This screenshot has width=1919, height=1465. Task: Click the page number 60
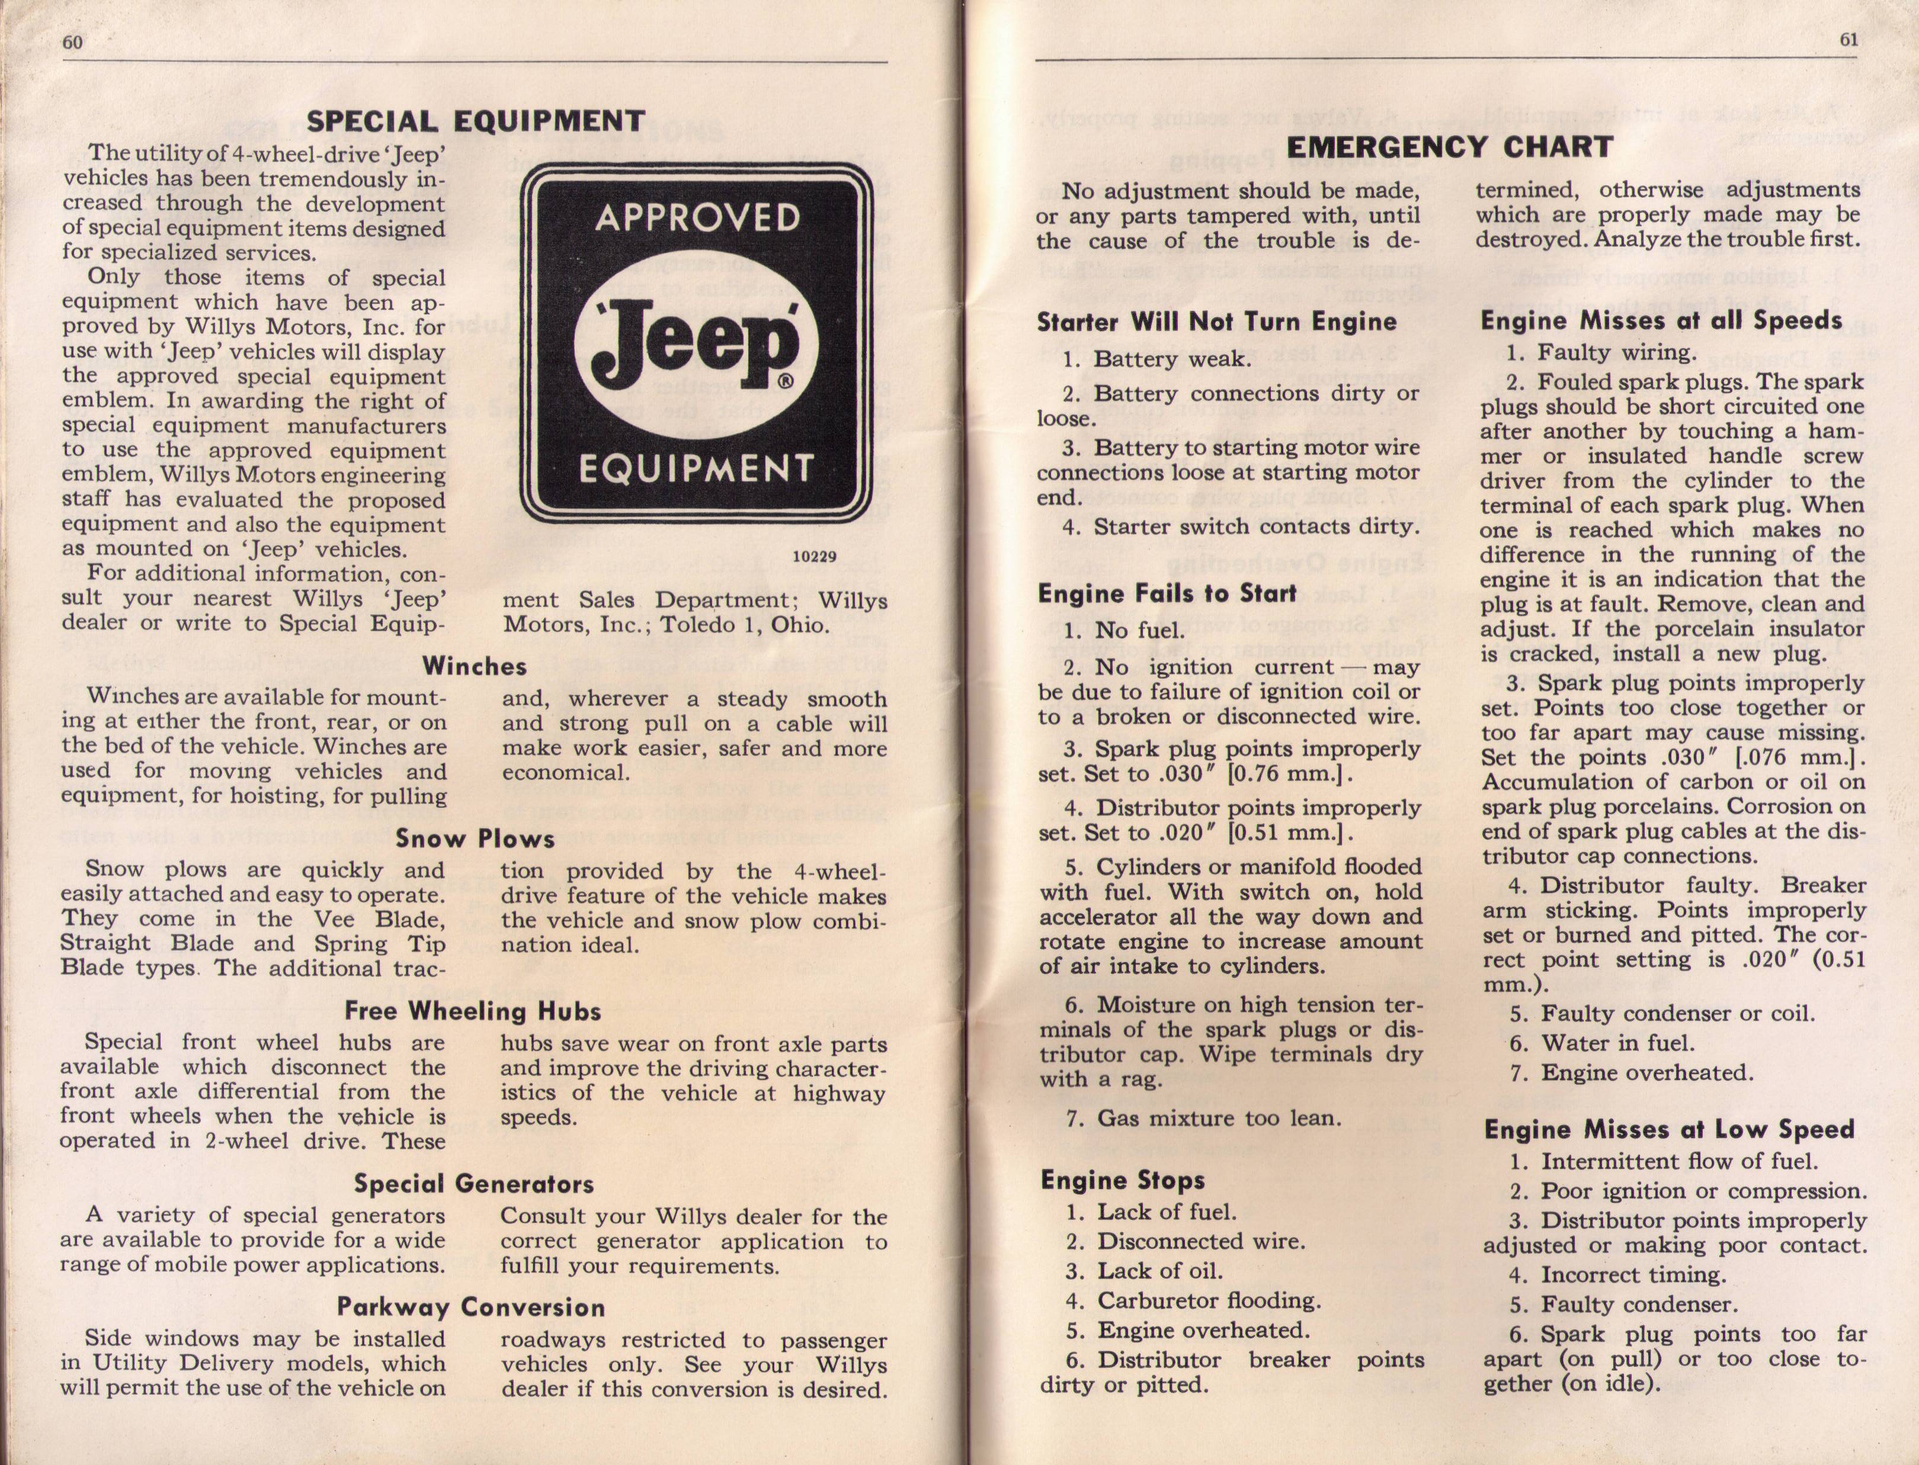(x=72, y=43)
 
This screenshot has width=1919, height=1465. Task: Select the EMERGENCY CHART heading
(x=1450, y=146)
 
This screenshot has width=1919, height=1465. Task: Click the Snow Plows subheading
(x=475, y=839)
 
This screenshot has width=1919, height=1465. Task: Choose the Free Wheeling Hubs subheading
(x=473, y=1011)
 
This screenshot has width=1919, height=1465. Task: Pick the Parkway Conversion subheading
(x=471, y=1307)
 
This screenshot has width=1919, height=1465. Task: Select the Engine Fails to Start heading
(x=1167, y=594)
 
